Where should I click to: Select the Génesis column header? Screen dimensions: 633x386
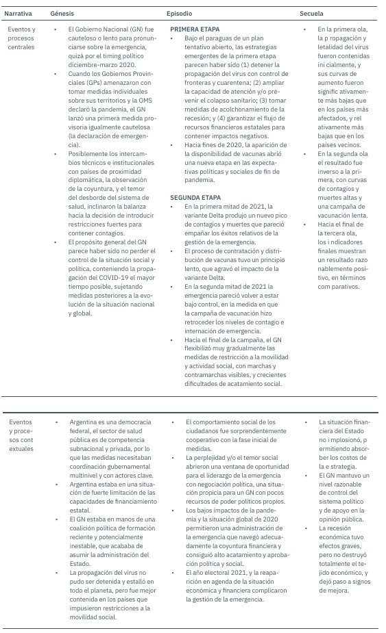click(x=62, y=13)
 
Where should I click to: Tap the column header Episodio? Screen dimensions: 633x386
click(x=180, y=13)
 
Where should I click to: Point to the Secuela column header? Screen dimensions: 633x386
click(x=311, y=13)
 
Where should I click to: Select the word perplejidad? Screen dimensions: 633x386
click(x=213, y=456)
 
